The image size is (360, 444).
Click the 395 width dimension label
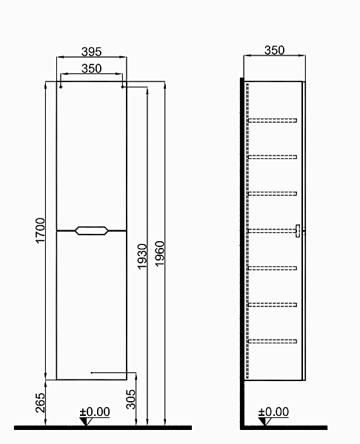coord(91,52)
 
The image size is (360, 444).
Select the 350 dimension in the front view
coord(91,68)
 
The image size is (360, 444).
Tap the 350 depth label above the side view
coord(274,50)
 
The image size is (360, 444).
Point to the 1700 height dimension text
coord(40,230)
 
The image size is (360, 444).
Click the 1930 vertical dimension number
coord(142,257)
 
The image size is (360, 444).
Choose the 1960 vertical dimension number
coord(159,253)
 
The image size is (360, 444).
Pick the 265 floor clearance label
coord(40,403)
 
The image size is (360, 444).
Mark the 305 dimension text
coord(130,400)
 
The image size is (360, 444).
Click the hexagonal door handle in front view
coord(92,230)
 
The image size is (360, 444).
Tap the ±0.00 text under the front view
coord(95,411)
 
